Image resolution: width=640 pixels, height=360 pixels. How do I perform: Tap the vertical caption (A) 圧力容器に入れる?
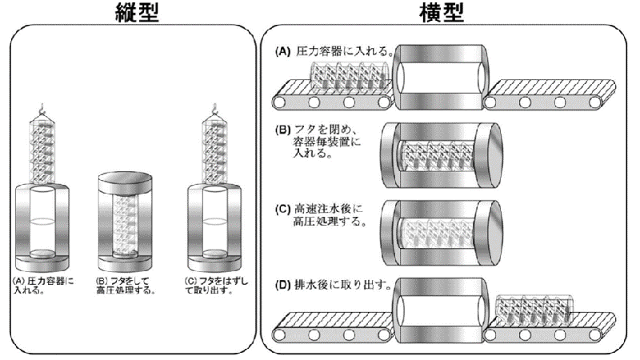(43, 285)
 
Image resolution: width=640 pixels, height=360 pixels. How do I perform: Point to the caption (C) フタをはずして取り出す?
(211, 285)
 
